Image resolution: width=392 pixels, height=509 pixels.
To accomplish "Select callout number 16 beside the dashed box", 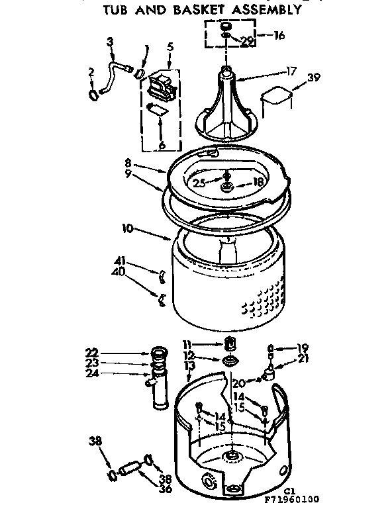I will (279, 35).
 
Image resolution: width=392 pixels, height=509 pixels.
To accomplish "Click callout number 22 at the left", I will (93, 351).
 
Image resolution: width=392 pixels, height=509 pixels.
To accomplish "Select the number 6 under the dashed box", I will (161, 145).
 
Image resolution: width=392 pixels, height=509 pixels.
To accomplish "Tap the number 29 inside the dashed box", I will (246, 41).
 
